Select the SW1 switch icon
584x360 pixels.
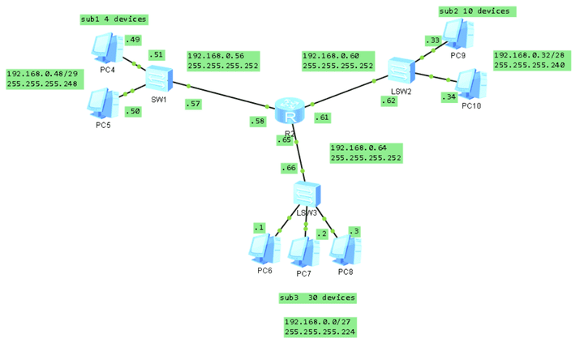point(159,79)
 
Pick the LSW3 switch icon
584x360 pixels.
point(305,195)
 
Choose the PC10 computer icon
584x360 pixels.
point(471,83)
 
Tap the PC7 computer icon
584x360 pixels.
point(304,252)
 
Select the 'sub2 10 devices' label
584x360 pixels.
point(475,11)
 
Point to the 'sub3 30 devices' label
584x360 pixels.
point(317,298)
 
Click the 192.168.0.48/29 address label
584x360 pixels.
point(41,79)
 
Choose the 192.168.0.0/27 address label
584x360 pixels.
point(320,327)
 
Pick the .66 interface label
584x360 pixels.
point(289,168)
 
